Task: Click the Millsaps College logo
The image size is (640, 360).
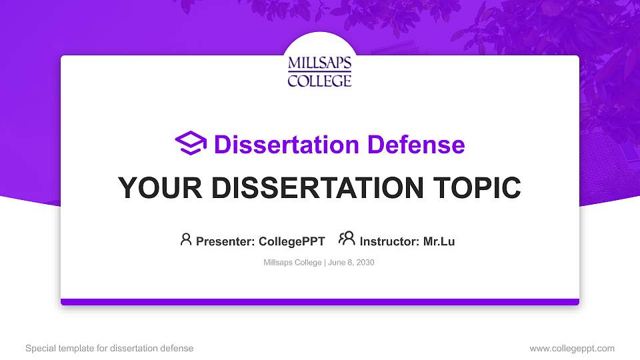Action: click(x=319, y=71)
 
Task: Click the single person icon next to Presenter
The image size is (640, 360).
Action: click(x=186, y=239)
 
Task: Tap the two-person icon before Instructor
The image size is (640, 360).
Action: click(x=347, y=239)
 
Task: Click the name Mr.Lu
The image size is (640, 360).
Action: click(x=439, y=241)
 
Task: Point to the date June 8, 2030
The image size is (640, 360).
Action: click(x=351, y=263)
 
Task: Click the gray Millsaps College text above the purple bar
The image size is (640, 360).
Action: click(x=293, y=263)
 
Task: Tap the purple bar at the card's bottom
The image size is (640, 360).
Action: click(x=319, y=302)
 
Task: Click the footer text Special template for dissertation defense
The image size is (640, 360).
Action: click(x=109, y=348)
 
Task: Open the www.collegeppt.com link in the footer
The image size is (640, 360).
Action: click(x=572, y=348)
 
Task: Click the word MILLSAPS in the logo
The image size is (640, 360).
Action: click(x=319, y=63)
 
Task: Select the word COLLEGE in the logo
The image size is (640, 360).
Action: click(x=319, y=81)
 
